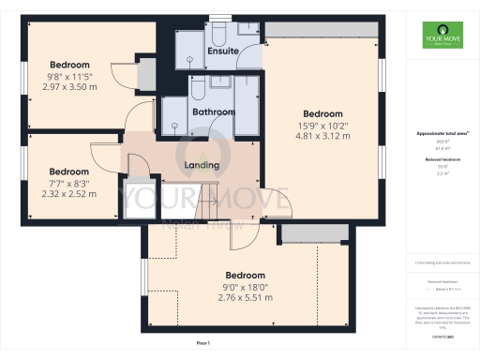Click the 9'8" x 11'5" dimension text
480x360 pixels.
pos(71,76)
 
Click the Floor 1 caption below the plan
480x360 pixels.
pos(203,344)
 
